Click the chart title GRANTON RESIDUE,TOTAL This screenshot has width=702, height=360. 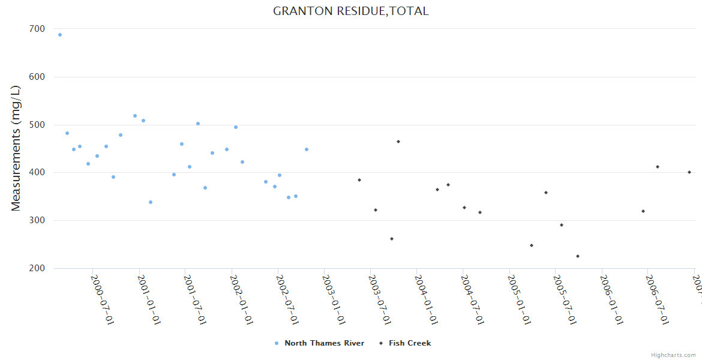[350, 11]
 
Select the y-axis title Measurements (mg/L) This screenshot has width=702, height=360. [16, 148]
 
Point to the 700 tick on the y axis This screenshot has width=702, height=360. [37, 29]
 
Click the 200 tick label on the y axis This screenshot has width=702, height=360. [37, 268]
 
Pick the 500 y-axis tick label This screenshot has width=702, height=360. [37, 125]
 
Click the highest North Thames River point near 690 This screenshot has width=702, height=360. [60, 35]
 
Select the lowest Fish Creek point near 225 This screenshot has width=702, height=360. [578, 256]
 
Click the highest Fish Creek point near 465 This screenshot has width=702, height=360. [398, 142]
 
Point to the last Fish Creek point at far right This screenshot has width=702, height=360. [689, 172]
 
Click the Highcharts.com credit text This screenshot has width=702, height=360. [673, 355]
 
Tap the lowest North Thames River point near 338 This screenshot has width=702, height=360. [151, 202]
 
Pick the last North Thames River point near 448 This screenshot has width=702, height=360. [307, 149]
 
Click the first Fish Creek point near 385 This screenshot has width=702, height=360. [359, 180]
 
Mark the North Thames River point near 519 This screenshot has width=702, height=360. [135, 116]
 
